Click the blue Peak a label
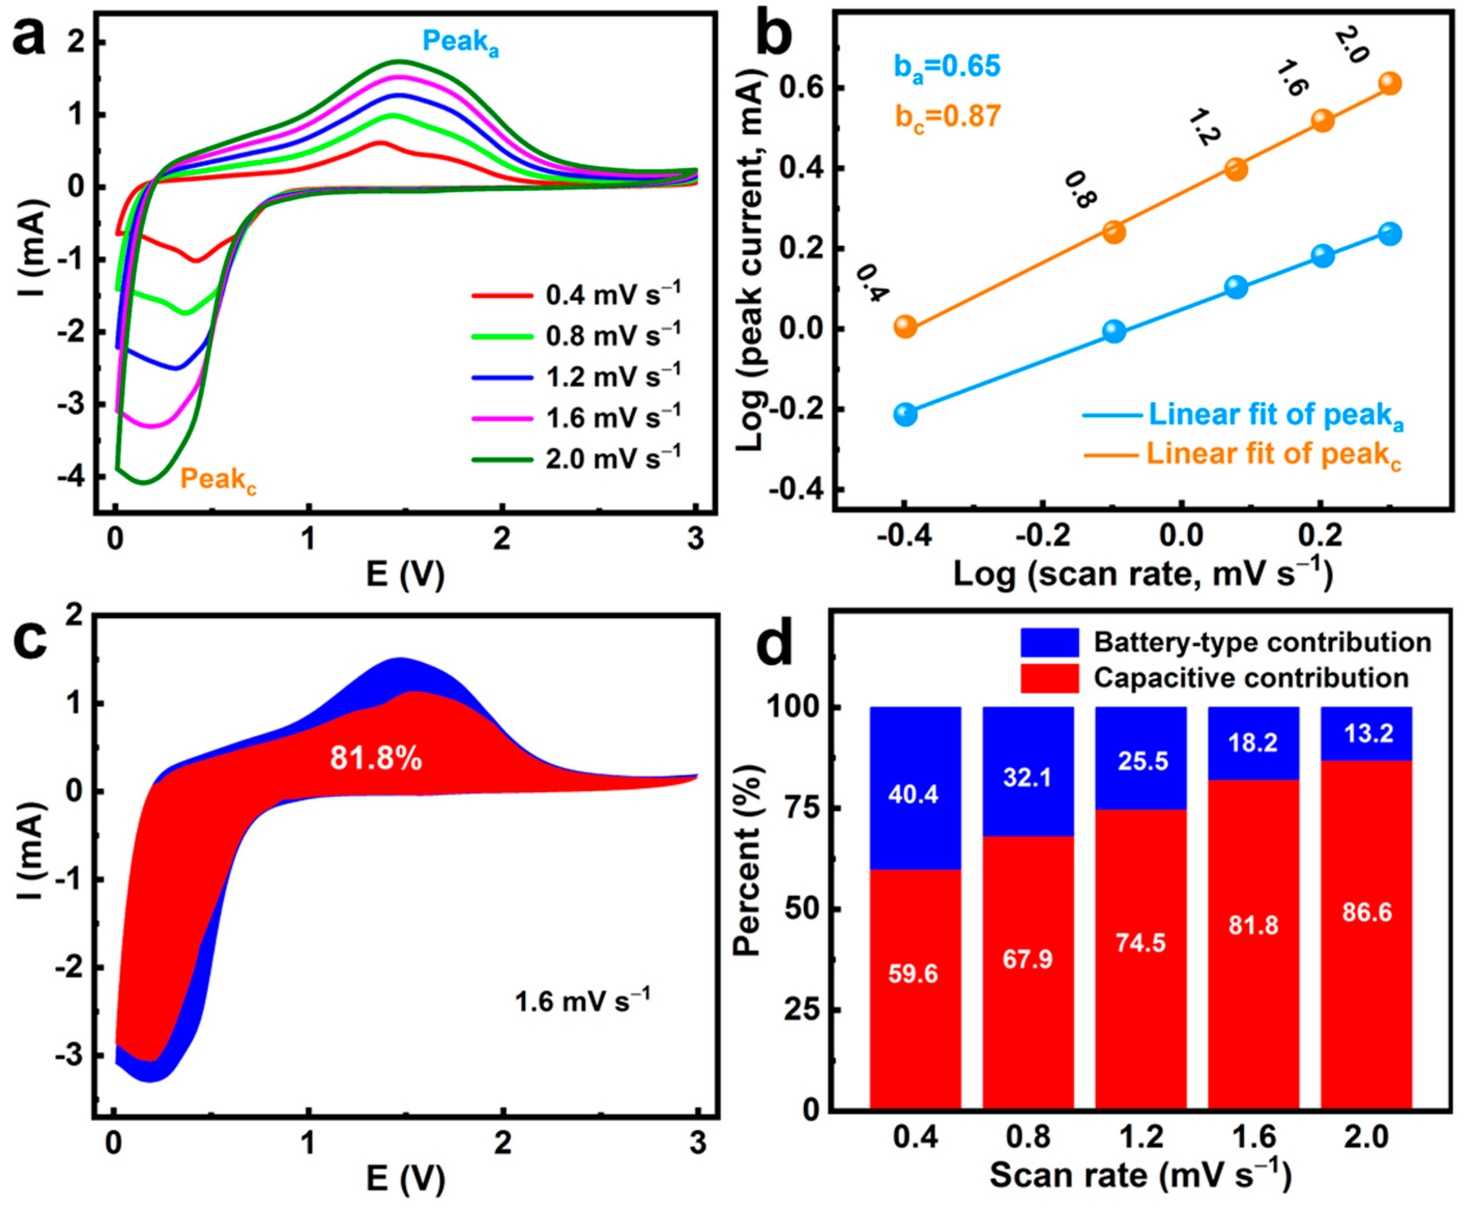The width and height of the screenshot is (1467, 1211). (460, 43)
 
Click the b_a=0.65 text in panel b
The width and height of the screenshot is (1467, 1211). (947, 67)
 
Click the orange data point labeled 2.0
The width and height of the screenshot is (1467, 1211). (1389, 84)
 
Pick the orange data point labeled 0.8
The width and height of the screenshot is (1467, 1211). (1114, 231)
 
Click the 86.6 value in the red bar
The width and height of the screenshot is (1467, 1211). (1367, 912)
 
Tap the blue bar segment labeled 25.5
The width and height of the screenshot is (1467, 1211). (1141, 759)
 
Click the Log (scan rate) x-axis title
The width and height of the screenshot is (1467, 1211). (1143, 574)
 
